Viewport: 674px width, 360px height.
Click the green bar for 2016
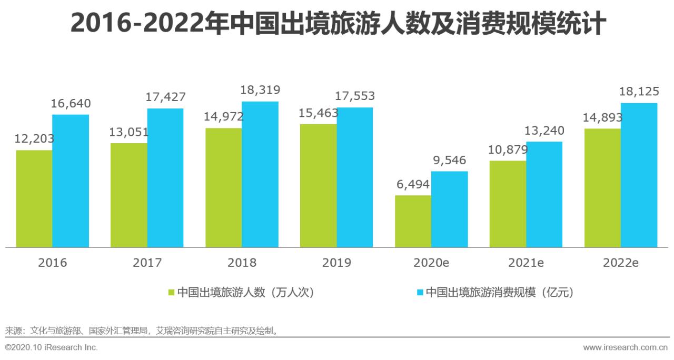(x=34, y=199)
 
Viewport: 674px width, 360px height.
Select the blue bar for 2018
(x=260, y=174)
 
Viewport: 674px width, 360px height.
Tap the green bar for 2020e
(x=413, y=221)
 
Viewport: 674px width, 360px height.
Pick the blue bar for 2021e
(x=544, y=194)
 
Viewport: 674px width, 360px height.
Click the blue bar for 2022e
(x=639, y=175)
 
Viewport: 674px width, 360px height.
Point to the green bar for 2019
(x=318, y=185)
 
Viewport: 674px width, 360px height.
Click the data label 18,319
(x=260, y=90)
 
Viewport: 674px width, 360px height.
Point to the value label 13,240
(x=544, y=131)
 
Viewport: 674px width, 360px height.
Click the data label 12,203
(x=35, y=139)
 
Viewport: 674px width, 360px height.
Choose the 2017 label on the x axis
(x=147, y=263)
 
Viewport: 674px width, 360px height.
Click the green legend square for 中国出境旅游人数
(x=171, y=292)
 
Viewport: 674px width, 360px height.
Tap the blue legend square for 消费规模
(x=420, y=292)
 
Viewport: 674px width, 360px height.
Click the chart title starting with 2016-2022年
(x=337, y=24)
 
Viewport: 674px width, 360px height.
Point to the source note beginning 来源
(x=141, y=331)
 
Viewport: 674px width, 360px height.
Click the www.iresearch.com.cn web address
(x=626, y=347)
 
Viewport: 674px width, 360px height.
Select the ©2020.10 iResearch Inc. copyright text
(x=51, y=347)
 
